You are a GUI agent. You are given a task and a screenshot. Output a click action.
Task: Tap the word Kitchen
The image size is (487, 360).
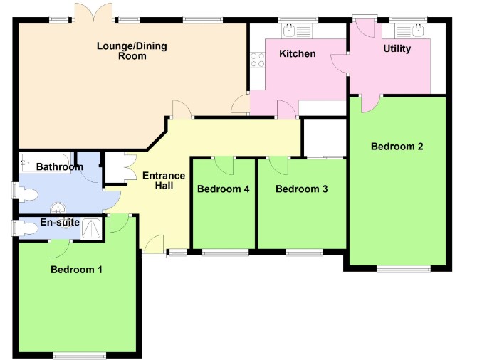[x=297, y=54]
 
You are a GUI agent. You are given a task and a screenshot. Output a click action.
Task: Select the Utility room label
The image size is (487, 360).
[x=397, y=49]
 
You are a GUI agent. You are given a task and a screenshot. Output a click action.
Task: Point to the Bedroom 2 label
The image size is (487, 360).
[x=397, y=147]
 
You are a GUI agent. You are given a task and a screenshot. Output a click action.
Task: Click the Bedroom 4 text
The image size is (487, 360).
[x=224, y=189]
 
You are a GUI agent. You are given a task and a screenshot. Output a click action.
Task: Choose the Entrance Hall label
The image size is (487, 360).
[x=164, y=181]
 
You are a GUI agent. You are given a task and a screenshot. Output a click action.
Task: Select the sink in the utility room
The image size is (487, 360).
[x=417, y=30]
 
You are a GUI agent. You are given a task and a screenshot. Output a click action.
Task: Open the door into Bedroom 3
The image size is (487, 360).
[x=278, y=166]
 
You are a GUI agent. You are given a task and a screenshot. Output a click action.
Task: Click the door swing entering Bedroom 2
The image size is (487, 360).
[x=370, y=103]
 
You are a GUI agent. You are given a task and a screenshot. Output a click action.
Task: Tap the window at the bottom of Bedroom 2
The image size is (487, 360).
[x=404, y=269]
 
